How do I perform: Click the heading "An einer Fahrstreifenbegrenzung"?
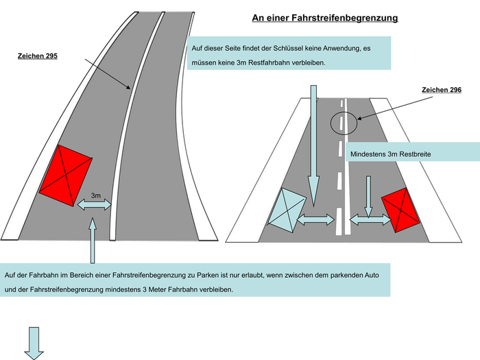pyautogui.click(x=325, y=18)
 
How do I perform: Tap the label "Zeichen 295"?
pyautogui.click(x=38, y=56)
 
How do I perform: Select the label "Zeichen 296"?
pyautogui.click(x=442, y=90)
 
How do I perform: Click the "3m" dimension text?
pyautogui.click(x=96, y=195)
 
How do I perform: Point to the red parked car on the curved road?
pyautogui.click(x=66, y=176)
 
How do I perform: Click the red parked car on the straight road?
pyautogui.click(x=400, y=210)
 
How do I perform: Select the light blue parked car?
pyautogui.click(x=287, y=211)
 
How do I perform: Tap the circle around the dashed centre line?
pyautogui.click(x=344, y=123)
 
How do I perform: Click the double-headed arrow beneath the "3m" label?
pyautogui.click(x=95, y=204)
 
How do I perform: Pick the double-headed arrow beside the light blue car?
pyautogui.click(x=316, y=219)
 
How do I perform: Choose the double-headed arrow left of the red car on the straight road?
pyautogui.click(x=370, y=219)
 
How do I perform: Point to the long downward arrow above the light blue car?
pyautogui.click(x=313, y=145)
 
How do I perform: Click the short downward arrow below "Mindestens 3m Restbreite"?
pyautogui.click(x=369, y=197)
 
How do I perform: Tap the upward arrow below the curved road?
pyautogui.click(x=93, y=240)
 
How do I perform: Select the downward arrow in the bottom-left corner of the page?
pyautogui.click(x=34, y=344)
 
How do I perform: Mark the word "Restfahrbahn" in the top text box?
pyautogui.click(x=269, y=63)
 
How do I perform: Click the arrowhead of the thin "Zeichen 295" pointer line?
pyautogui.click(x=130, y=88)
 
